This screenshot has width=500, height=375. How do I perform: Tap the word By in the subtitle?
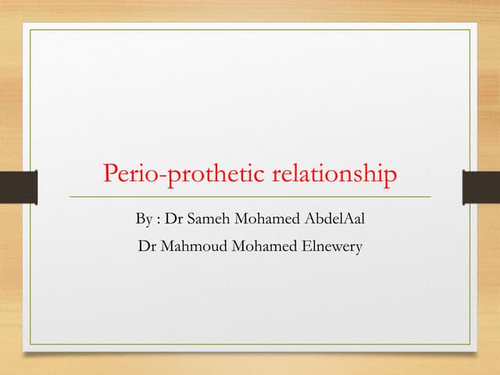coord(143,219)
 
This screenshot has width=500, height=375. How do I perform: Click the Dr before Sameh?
coord(173,219)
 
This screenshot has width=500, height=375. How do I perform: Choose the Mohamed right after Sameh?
coord(266,219)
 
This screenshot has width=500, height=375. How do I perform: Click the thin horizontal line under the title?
coord(250,196)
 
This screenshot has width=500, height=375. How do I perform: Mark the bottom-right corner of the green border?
coord(470,345)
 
